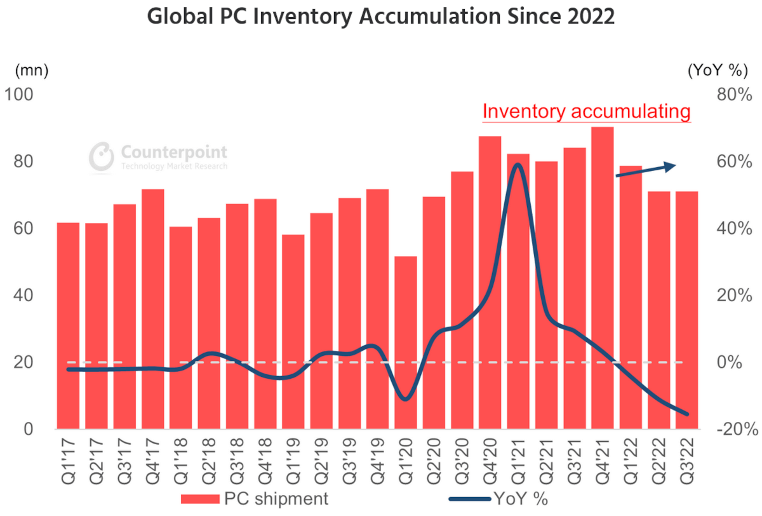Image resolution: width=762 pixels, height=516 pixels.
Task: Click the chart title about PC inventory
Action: [381, 17]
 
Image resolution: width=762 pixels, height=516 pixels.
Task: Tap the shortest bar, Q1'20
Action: [405, 343]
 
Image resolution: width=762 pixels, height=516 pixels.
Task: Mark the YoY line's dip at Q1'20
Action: [405, 399]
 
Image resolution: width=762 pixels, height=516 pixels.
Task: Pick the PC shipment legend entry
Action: [254, 499]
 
